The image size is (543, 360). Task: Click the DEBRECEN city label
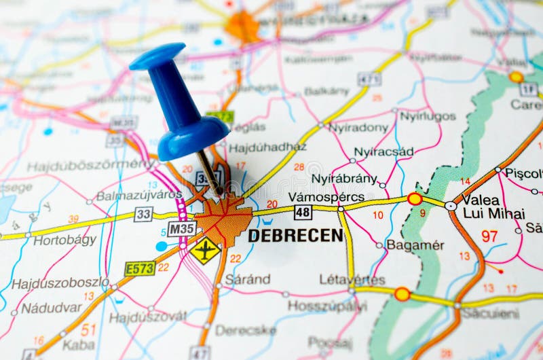pos(295,236)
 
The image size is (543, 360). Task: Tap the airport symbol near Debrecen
pos(205,251)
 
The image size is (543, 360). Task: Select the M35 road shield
pos(182,228)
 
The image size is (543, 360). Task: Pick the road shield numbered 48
pos(303,213)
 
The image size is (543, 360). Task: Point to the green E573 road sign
pos(140,268)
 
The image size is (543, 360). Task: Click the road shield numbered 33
pos(143,214)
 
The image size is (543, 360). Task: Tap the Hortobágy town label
pos(66,240)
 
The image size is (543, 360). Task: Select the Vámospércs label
pos(326,197)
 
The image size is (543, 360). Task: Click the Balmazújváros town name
pos(139,196)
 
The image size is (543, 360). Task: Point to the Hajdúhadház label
pos(267,147)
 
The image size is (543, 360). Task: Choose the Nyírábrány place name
pos(344,179)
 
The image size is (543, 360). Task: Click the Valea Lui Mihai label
pos(493,206)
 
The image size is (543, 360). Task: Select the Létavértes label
pos(352,279)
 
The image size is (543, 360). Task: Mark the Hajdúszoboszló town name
pos(60,283)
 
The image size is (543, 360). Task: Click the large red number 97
pos(489,236)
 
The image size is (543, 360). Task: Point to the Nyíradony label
pos(358,127)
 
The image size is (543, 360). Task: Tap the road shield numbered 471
pos(369,79)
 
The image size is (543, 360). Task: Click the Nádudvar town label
pos(51,308)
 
